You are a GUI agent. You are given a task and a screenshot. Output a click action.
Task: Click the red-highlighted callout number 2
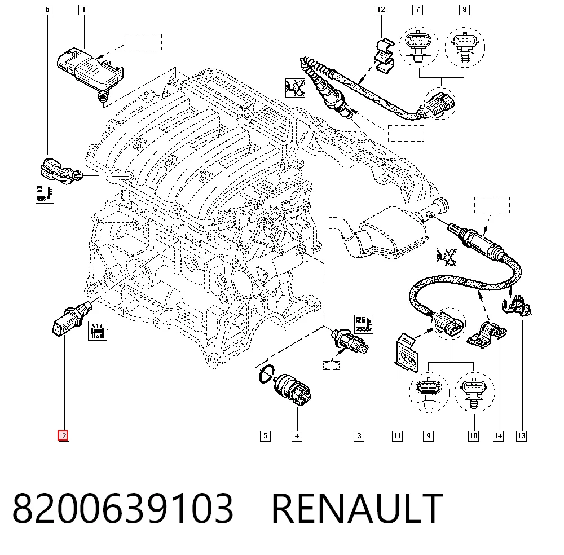click(63, 436)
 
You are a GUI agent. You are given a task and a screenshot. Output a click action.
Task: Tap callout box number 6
click(47, 10)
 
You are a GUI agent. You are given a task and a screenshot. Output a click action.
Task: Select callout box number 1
click(84, 10)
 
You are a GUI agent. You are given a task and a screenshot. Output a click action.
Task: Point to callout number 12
click(381, 10)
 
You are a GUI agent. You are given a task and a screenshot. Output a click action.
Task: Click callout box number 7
click(417, 10)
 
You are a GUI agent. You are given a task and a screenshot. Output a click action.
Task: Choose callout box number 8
click(464, 10)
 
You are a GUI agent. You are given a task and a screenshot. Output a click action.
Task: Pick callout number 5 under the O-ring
click(266, 436)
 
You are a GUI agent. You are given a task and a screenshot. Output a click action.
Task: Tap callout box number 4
click(297, 436)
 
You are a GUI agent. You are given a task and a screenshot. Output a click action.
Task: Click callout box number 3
click(359, 436)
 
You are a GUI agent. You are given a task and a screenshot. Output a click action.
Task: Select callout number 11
click(397, 436)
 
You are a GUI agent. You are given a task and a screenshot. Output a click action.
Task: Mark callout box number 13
click(521, 436)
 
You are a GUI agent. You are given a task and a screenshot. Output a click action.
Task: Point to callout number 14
click(498, 436)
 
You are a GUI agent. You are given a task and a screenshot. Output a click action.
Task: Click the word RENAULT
click(357, 508)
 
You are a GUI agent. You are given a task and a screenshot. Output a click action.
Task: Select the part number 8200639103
click(122, 508)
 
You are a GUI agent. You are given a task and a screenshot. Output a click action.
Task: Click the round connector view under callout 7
click(418, 47)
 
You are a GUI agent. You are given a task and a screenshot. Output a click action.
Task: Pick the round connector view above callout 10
click(474, 392)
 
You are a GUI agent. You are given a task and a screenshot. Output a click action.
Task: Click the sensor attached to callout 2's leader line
click(72, 318)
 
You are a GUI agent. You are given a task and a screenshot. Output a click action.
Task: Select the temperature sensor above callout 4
click(292, 389)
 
